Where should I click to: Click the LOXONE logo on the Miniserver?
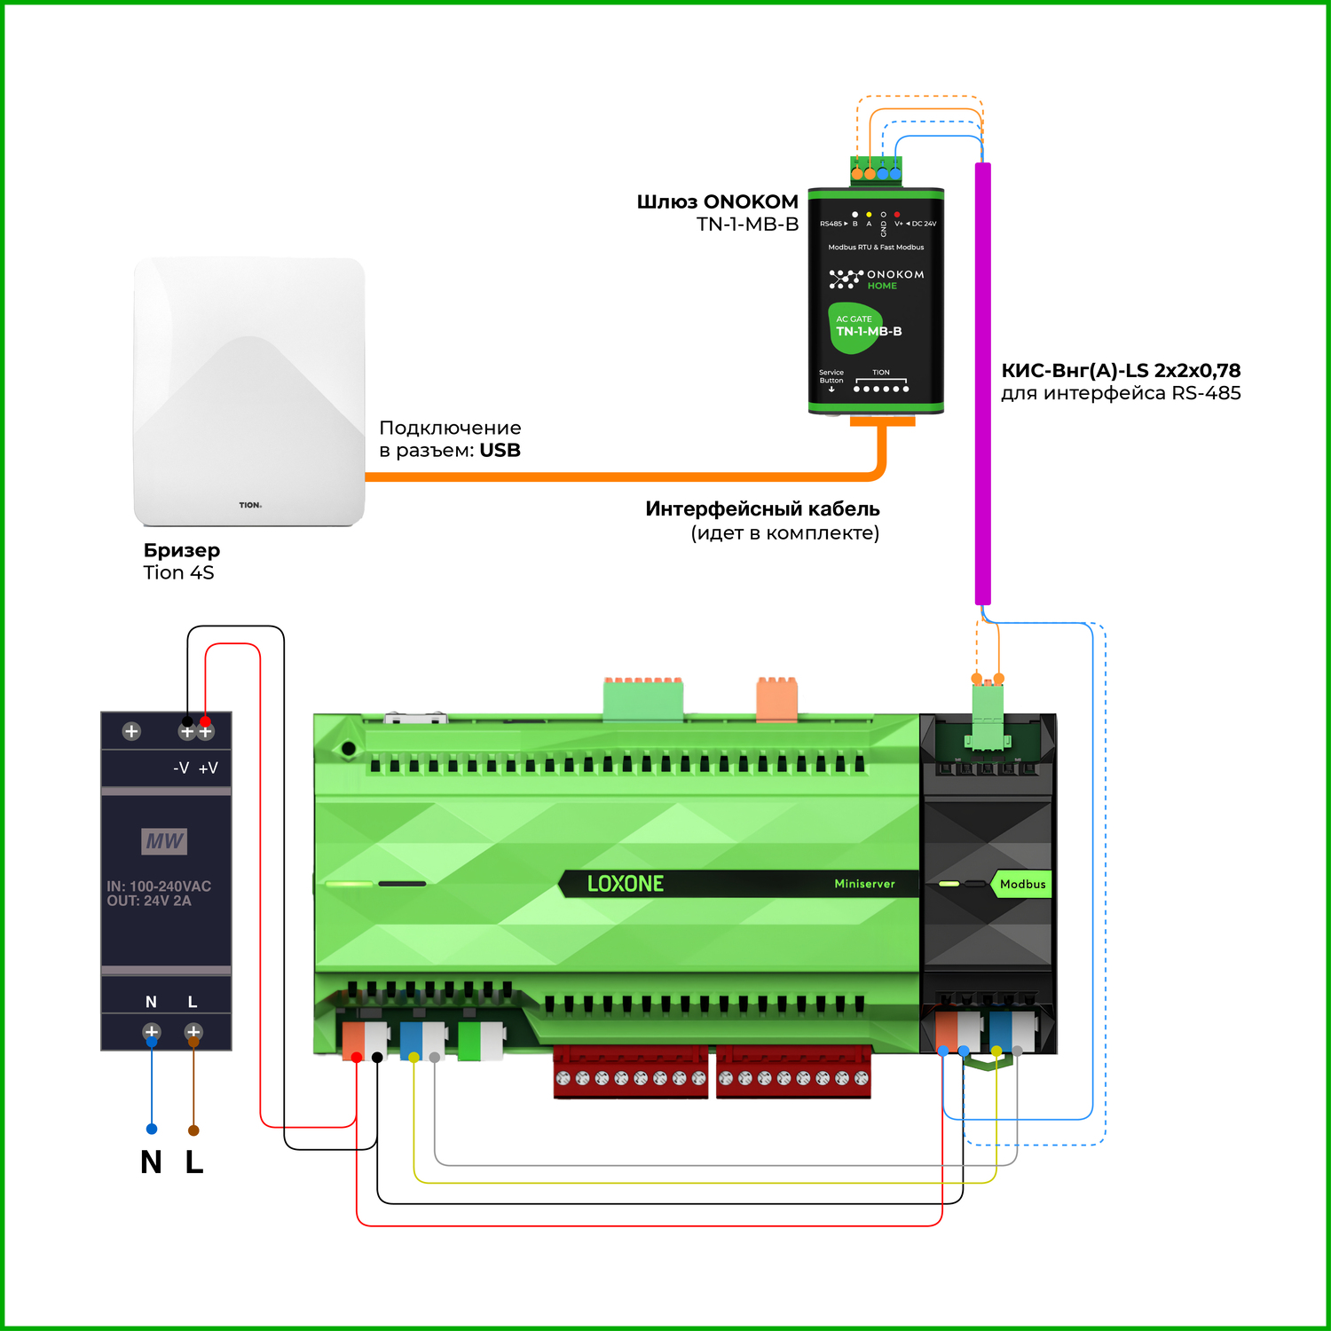[x=626, y=884]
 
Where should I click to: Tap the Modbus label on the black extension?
[x=1022, y=884]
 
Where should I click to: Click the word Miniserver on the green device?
[x=864, y=884]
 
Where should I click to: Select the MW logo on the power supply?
[x=165, y=840]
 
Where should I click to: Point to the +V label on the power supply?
[x=209, y=768]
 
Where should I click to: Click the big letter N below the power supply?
[x=151, y=1162]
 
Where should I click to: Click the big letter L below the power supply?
[x=194, y=1162]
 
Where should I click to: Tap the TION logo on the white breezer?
[x=250, y=505]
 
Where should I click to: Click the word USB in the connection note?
[x=500, y=451]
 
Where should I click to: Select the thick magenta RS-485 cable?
[x=983, y=382]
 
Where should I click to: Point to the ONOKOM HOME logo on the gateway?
[x=877, y=280]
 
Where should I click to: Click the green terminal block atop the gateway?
[x=876, y=169]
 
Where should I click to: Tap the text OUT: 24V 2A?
[x=149, y=901]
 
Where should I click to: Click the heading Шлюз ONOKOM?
[x=717, y=201]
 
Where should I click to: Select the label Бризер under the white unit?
[x=182, y=550]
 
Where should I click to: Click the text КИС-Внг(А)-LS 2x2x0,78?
[x=1121, y=371]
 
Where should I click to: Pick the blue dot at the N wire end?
[x=152, y=1129]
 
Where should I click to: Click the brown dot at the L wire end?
[x=193, y=1130]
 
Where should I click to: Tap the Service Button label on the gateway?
[x=831, y=377]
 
